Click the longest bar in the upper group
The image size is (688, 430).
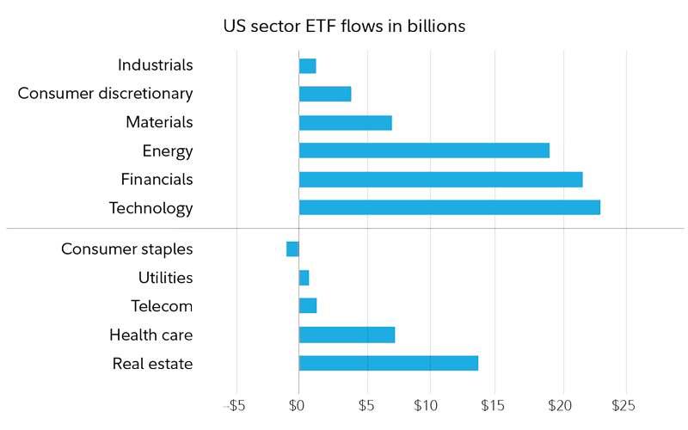click(x=449, y=207)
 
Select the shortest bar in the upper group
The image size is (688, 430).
click(x=307, y=66)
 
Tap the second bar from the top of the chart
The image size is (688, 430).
click(x=325, y=94)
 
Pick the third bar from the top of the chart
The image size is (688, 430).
click(x=345, y=123)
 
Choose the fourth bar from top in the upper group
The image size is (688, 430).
click(x=424, y=150)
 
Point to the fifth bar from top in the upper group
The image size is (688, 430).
click(x=440, y=180)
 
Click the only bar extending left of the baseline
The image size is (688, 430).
click(x=292, y=249)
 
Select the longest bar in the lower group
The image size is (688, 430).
click(x=388, y=363)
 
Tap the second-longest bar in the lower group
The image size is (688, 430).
click(x=347, y=335)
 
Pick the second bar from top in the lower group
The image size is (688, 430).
click(x=304, y=278)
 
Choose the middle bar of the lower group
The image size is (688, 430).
click(x=308, y=305)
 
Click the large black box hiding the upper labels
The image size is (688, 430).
click(x=107, y=138)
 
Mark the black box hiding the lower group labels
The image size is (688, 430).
click(x=122, y=306)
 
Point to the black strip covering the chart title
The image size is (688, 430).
click(x=344, y=26)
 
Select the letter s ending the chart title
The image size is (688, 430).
click(x=462, y=27)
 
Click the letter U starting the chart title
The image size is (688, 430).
click(x=227, y=26)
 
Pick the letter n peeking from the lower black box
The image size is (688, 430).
click(x=188, y=307)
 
